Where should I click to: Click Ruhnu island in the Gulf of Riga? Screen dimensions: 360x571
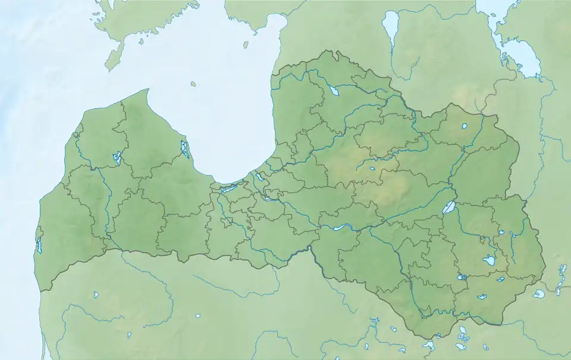point(193,84)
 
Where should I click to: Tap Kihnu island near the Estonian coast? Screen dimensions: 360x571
point(246,44)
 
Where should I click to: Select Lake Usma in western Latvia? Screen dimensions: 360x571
point(117,158)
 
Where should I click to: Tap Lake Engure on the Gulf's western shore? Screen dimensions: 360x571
point(185,149)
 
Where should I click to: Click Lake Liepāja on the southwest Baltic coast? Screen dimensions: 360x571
point(39,245)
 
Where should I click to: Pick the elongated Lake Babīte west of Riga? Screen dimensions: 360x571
point(228,189)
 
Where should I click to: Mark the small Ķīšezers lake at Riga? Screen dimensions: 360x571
point(260,177)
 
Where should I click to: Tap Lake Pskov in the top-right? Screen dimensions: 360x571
point(520,57)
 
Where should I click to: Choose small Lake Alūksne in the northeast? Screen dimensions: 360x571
point(465,126)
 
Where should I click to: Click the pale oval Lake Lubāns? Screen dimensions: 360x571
point(449,207)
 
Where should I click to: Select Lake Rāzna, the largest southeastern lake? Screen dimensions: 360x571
point(490,261)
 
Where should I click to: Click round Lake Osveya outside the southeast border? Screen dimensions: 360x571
point(538,294)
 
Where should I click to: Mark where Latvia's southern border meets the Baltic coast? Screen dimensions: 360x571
point(41,291)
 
